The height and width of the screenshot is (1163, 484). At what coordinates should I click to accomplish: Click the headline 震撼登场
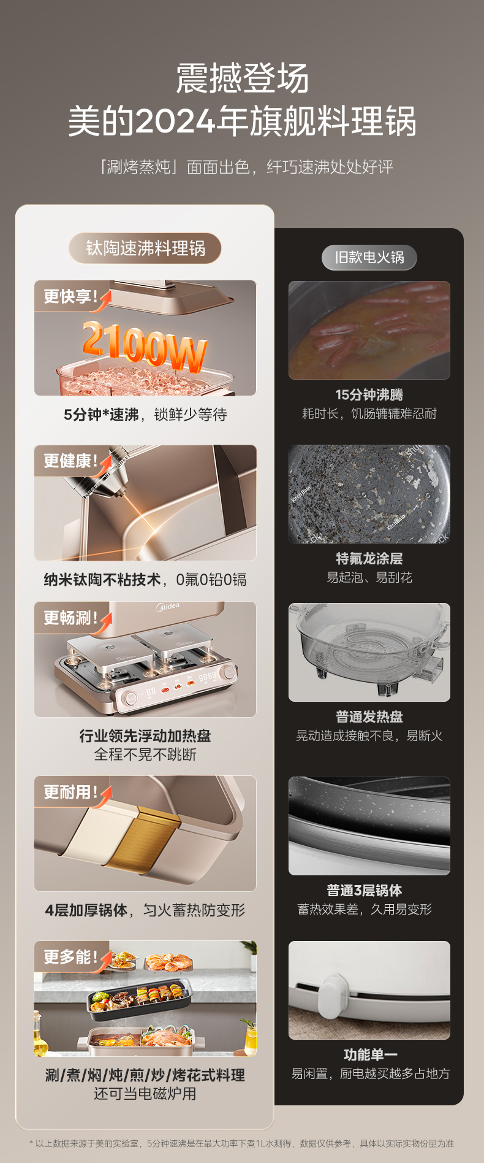242,79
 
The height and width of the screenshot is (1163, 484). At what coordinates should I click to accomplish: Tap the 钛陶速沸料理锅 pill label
145,248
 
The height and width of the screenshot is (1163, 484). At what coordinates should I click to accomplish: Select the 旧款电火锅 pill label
369,258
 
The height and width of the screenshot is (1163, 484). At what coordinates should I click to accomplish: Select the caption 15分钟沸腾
369,395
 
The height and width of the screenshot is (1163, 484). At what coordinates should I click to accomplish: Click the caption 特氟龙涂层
369,558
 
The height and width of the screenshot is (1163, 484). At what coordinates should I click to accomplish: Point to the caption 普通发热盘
369,716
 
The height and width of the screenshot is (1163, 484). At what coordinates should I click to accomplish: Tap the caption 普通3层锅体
365,890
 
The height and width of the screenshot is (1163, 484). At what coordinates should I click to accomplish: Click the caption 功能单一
371,1054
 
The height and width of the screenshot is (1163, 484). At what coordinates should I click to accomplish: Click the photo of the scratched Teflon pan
369,494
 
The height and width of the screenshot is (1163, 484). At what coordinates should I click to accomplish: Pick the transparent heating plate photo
369,652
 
